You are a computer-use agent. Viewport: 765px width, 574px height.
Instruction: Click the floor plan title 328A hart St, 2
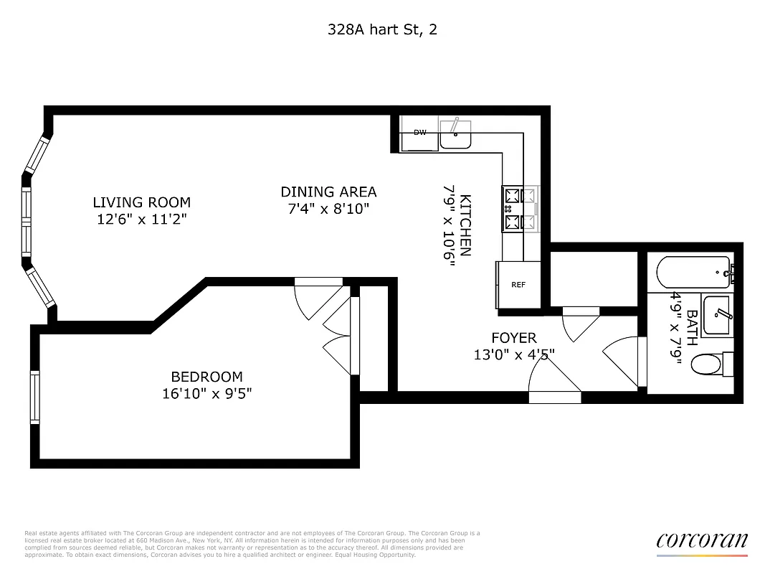tap(382, 29)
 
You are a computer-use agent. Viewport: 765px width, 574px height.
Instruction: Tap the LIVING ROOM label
tap(141, 202)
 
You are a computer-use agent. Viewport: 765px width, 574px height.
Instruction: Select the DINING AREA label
tap(328, 192)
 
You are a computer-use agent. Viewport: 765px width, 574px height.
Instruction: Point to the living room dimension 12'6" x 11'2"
tap(141, 219)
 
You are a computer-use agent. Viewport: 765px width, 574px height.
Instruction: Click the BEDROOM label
tap(206, 377)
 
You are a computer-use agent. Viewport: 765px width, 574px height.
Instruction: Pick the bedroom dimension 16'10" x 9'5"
tap(206, 393)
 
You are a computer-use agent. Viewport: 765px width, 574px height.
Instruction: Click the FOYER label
tap(513, 337)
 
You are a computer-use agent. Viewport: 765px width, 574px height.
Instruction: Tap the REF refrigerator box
tap(518, 285)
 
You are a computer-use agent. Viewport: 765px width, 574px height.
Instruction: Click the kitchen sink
tap(455, 134)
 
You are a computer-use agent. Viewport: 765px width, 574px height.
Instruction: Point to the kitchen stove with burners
tap(520, 209)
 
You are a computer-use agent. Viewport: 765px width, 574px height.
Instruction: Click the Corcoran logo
tap(701, 542)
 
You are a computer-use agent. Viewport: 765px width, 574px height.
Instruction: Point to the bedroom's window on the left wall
tap(34, 396)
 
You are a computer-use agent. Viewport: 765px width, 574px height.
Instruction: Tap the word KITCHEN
tap(465, 225)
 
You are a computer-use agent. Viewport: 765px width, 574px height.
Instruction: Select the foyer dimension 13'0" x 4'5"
tap(513, 354)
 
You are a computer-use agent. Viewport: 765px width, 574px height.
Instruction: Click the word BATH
tap(691, 327)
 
